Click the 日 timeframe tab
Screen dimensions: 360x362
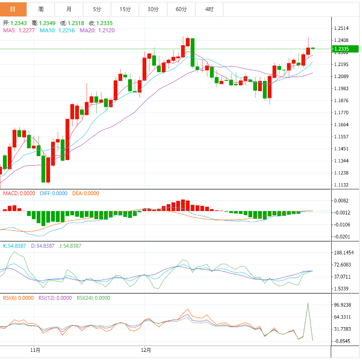[13, 9]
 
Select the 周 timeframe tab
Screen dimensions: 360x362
[41, 9]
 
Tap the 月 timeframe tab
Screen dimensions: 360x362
[69, 9]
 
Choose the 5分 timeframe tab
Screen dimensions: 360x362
[97, 9]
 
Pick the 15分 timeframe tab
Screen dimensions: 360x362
[125, 9]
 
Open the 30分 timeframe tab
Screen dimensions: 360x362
[153, 9]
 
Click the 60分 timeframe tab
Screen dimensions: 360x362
[181, 9]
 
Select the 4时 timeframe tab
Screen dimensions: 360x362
[209, 9]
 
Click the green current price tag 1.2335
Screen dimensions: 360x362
[346, 49]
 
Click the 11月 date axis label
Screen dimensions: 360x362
[35, 350]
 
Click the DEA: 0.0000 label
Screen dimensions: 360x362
[86, 193]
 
